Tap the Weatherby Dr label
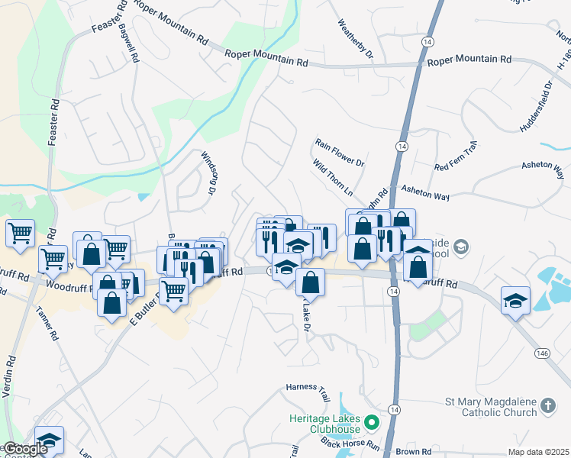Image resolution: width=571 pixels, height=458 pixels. [x=355, y=38]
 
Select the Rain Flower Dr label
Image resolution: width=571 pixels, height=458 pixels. [x=340, y=152]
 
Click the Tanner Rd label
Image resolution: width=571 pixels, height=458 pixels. [x=50, y=324]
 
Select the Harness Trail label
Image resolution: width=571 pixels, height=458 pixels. [x=306, y=388]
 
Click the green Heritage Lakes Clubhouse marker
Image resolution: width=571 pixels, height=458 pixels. [x=372, y=421]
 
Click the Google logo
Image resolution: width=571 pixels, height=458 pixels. [x=24, y=449]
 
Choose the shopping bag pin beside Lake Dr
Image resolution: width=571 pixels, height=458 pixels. [x=309, y=283]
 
